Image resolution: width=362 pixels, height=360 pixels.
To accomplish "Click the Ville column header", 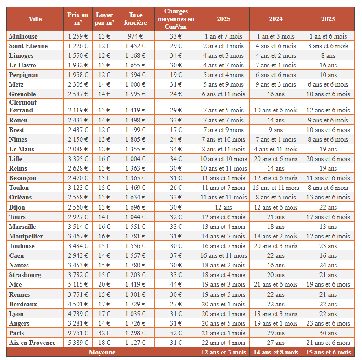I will click(x=35, y=19).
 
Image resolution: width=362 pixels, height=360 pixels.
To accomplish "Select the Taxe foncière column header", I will click(x=135, y=19).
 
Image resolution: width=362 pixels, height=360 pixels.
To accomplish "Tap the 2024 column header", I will click(x=275, y=19).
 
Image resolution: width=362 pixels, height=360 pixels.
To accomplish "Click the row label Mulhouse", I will click(x=23, y=36).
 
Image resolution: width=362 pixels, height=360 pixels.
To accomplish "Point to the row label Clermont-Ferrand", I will click(x=24, y=106).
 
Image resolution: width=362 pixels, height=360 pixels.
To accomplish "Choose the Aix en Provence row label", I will click(x=32, y=343).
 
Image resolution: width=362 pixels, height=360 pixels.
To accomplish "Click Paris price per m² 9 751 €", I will click(x=77, y=333).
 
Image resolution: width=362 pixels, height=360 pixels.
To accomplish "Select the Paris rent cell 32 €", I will click(x=104, y=333).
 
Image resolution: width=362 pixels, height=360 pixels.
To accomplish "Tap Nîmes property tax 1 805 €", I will click(x=135, y=139).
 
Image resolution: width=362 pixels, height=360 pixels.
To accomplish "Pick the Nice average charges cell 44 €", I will click(x=176, y=284).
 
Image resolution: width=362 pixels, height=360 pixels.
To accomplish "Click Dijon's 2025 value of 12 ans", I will click(x=224, y=207).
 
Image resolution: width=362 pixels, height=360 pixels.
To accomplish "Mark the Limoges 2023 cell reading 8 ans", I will click(x=328, y=55).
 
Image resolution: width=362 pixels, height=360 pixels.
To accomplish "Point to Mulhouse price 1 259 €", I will click(x=77, y=36).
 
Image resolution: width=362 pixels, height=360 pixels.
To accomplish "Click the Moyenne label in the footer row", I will click(x=102, y=352).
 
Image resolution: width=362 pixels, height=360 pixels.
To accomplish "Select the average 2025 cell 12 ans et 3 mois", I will click(x=224, y=352).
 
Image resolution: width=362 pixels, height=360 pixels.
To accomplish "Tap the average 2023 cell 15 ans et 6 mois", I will click(x=328, y=352).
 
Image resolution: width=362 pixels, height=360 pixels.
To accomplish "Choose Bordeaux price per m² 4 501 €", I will click(x=77, y=304).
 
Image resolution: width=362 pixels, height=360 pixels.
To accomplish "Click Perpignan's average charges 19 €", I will click(x=176, y=75).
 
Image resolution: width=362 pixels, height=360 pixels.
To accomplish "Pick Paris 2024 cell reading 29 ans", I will click(x=275, y=333).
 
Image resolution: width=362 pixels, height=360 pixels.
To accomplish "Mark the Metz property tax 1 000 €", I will click(x=135, y=84).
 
